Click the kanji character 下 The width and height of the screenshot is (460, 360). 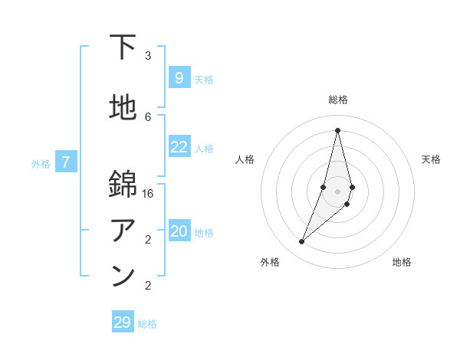pyautogui.click(x=123, y=47)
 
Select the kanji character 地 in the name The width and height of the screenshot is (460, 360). pyautogui.click(x=123, y=109)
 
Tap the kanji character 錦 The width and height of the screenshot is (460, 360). pyautogui.click(x=123, y=185)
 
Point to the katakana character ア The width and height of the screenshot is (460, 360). pyautogui.click(x=123, y=231)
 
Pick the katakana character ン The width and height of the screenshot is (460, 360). pyautogui.click(x=123, y=277)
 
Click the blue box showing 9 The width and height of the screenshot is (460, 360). pyautogui.click(x=179, y=77)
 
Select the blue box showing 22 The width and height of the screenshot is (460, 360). pyautogui.click(x=179, y=147)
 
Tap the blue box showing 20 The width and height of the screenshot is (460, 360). pyautogui.click(x=179, y=231)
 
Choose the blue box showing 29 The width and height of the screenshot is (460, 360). pyautogui.click(x=123, y=322)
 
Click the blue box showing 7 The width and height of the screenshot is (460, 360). pyautogui.click(x=66, y=162)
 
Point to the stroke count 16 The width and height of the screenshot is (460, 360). pyautogui.click(x=148, y=193)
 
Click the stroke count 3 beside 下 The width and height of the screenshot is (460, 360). pyautogui.click(x=148, y=55)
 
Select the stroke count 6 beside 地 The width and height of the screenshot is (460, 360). pyautogui.click(x=148, y=116)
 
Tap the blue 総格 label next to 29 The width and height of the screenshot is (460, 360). pyautogui.click(x=147, y=324)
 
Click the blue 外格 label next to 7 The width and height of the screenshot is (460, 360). pyautogui.click(x=41, y=163)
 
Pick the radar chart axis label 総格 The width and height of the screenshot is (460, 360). pyautogui.click(x=337, y=100)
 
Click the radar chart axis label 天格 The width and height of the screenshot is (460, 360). pyautogui.click(x=432, y=159)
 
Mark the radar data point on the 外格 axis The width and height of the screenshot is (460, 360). pyautogui.click(x=301, y=241)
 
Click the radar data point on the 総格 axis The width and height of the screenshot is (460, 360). pyautogui.click(x=337, y=130)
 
